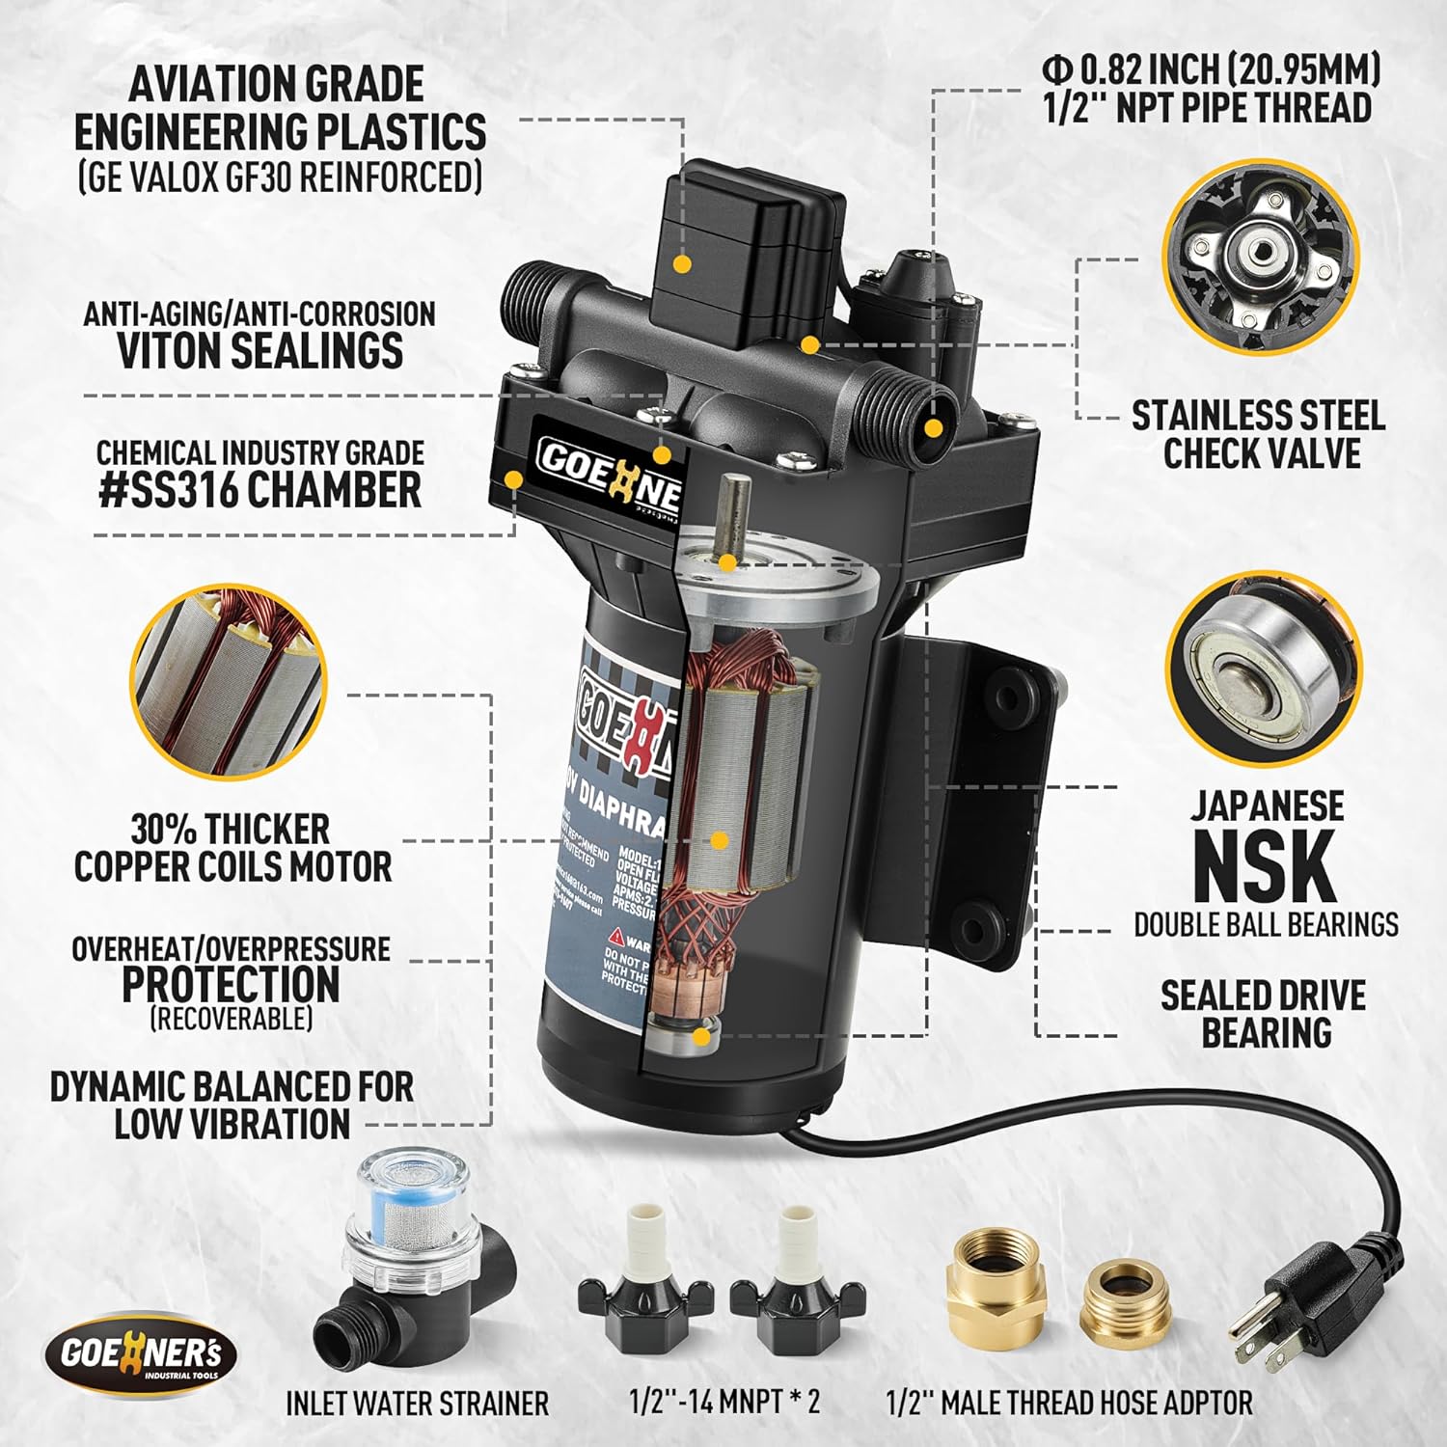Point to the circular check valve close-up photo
(1261, 262)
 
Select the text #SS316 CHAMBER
(260, 490)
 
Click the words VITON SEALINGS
(260, 350)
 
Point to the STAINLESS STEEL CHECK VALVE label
(1260, 434)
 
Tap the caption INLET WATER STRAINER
(417, 1403)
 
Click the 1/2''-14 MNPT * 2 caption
(724, 1402)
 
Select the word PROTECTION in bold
(231, 984)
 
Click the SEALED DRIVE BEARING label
(1264, 1013)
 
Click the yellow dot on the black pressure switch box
(682, 262)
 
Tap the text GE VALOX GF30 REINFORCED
(280, 177)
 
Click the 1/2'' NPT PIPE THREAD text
(1208, 107)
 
